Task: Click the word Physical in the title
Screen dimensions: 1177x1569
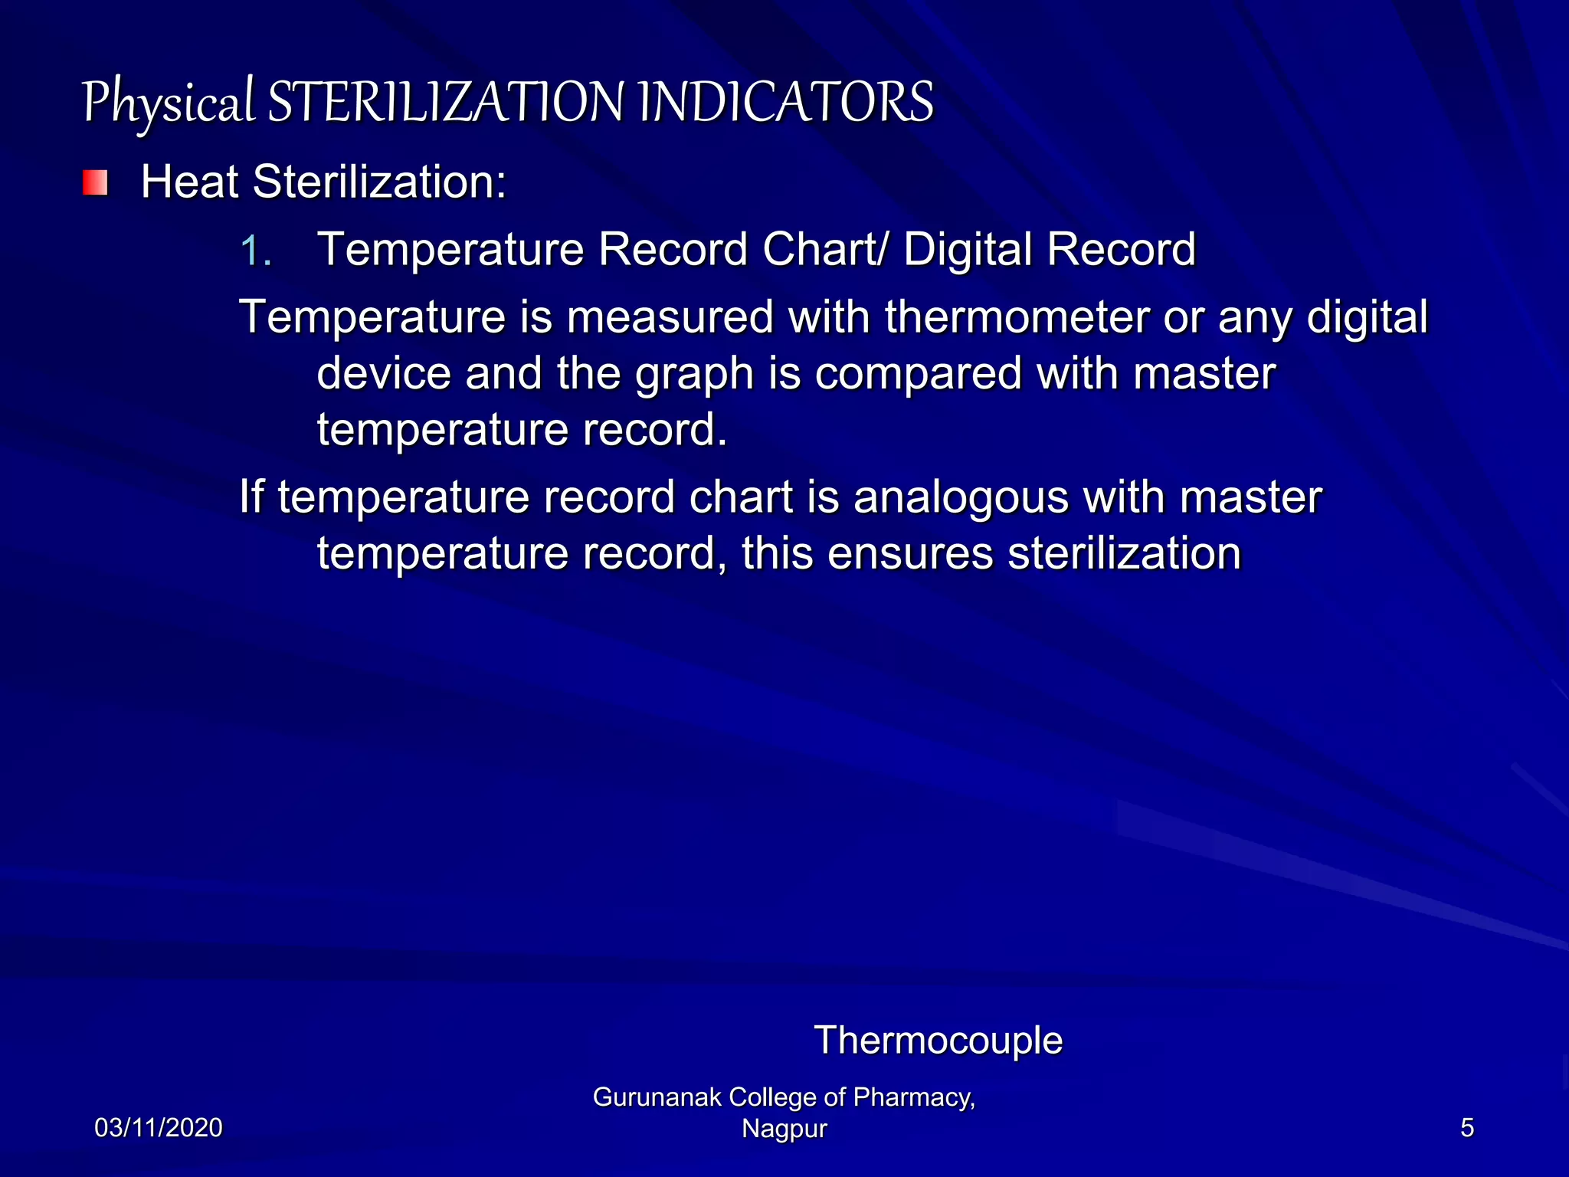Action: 168,103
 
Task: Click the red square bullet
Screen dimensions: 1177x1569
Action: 95,183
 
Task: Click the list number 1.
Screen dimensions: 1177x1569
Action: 255,251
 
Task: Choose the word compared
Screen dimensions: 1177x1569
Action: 918,375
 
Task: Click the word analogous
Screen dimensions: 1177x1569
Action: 961,498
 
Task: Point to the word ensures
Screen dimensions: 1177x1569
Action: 910,553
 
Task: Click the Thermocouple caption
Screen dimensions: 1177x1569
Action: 938,1041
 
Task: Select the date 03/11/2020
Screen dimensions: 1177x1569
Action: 159,1128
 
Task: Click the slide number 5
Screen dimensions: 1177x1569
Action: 1466,1128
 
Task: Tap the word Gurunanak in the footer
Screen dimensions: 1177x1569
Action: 657,1097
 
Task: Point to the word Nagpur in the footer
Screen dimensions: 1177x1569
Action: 784,1129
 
